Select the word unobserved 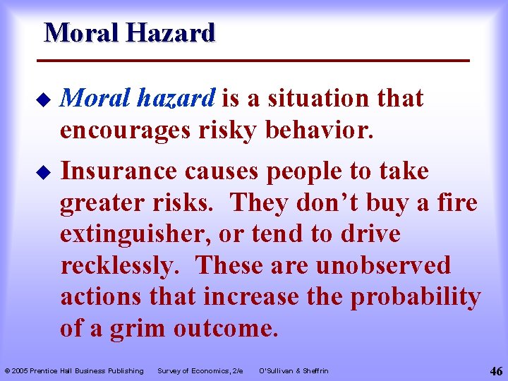(x=383, y=266)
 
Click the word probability (x=416, y=297)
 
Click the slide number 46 (x=494, y=370)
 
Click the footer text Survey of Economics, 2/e (x=200, y=370)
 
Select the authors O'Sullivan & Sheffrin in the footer (x=294, y=370)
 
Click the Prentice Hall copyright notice (x=74, y=370)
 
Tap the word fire (x=454, y=203)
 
